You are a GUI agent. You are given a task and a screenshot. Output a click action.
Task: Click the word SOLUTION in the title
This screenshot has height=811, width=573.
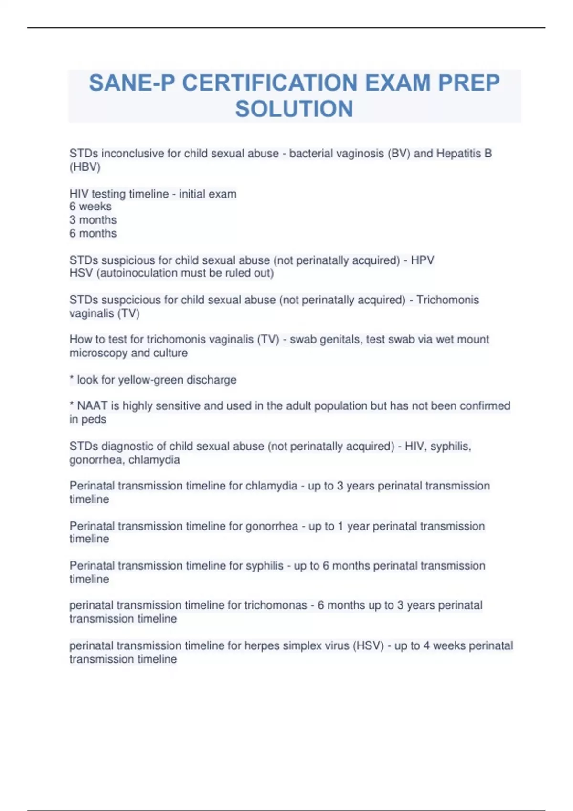pyautogui.click(x=294, y=109)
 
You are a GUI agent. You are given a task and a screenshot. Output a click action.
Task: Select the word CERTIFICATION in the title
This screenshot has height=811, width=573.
pyautogui.click(x=270, y=83)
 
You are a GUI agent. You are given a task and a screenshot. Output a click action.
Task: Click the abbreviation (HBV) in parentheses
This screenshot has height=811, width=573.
pyautogui.click(x=85, y=167)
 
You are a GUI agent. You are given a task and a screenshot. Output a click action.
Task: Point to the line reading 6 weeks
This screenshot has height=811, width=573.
pyautogui.click(x=91, y=207)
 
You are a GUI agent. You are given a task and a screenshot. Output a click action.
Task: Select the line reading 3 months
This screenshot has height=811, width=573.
pyautogui.click(x=93, y=220)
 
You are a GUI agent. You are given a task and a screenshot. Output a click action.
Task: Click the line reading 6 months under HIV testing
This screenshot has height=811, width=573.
pyautogui.click(x=93, y=233)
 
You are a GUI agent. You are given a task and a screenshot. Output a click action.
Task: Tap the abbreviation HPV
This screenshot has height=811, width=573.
pyautogui.click(x=423, y=260)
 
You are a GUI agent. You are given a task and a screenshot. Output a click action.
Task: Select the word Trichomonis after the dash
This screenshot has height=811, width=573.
pyautogui.click(x=447, y=300)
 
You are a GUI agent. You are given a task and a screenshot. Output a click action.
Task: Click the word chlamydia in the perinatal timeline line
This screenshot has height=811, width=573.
pyautogui.click(x=271, y=486)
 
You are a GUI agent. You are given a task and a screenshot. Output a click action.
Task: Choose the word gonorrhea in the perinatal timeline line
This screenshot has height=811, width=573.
pyautogui.click(x=272, y=526)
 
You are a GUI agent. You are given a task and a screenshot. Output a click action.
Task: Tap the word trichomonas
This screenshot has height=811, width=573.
pyautogui.click(x=276, y=605)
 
